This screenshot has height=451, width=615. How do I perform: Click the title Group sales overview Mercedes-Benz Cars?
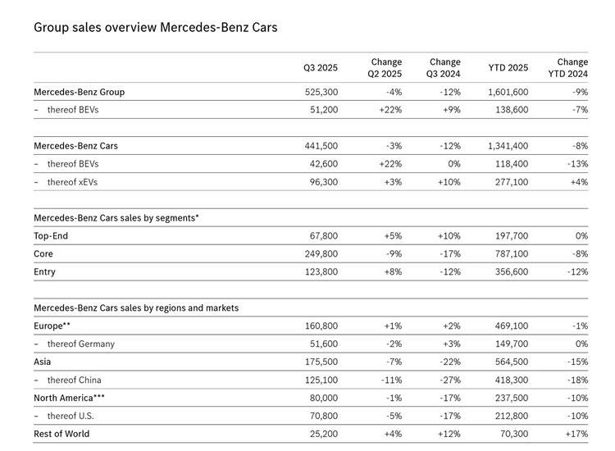click(x=155, y=28)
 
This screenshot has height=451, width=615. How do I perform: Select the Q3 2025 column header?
click(x=320, y=68)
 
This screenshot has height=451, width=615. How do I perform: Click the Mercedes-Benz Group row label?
click(x=79, y=92)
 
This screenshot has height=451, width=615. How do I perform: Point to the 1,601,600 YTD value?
click(x=508, y=92)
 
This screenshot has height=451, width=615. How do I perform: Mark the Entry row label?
click(x=45, y=272)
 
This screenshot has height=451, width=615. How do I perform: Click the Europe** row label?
click(x=53, y=326)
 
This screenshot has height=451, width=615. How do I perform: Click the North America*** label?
click(x=69, y=398)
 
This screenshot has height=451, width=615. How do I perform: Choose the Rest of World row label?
click(x=66, y=433)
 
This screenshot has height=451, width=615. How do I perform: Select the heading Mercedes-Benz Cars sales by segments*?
click(x=116, y=218)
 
